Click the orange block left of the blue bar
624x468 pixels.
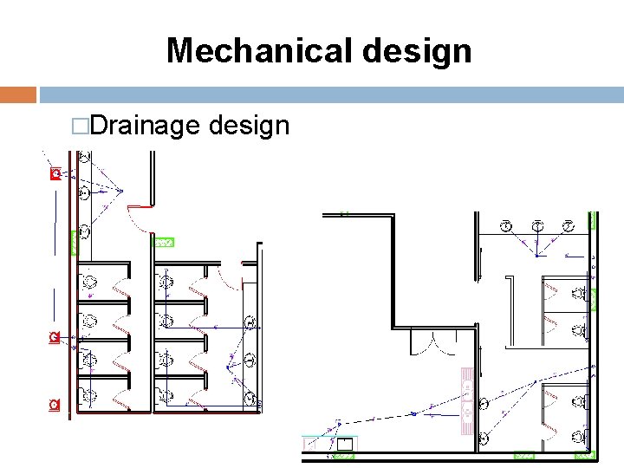pos(18,94)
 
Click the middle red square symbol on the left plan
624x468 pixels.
pos(55,336)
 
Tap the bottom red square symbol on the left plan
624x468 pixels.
pos(55,405)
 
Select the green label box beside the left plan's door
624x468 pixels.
pos(164,242)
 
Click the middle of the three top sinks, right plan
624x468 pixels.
pos(537,227)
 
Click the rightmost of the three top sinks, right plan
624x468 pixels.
pos(569,227)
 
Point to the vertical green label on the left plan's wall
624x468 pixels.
pos(73,242)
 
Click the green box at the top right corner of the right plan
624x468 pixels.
pos(593,219)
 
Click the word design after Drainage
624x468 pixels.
pos(250,126)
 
